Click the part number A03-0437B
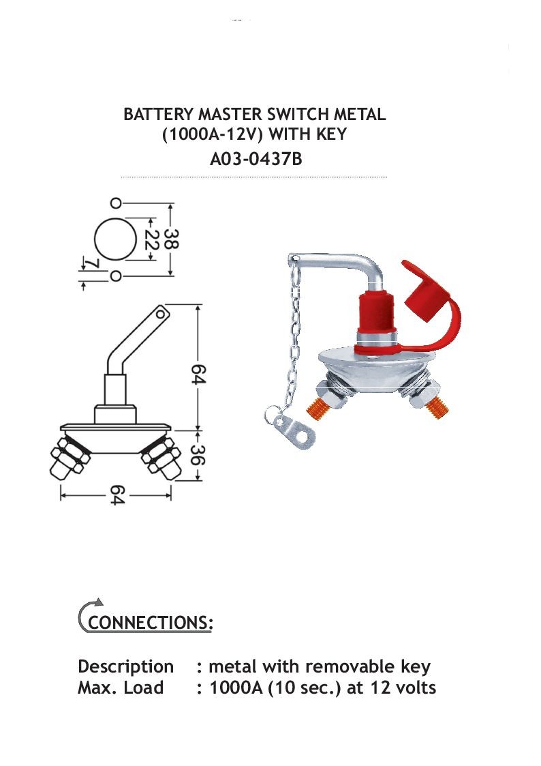pos(256,159)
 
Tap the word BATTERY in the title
pos(159,115)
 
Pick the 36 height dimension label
pos(198,455)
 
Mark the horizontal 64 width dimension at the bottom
pos(117,495)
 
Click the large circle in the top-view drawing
pos(115,239)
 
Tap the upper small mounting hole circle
pos(115,203)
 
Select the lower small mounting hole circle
pos(115,276)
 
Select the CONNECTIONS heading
pos(151,622)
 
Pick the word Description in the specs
pos(126,667)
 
